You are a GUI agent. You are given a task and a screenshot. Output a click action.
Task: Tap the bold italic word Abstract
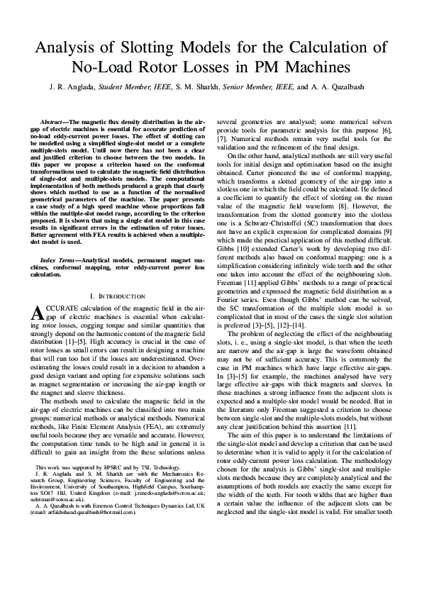coord(54,123)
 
